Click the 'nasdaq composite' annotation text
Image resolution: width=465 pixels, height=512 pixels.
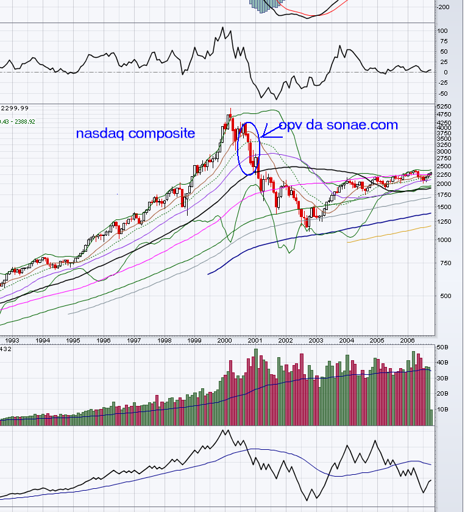pos(135,133)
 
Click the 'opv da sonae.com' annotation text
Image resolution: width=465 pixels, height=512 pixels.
pos(338,126)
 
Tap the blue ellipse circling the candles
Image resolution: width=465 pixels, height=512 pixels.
pos(249,149)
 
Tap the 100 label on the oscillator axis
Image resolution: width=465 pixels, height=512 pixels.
pos(443,30)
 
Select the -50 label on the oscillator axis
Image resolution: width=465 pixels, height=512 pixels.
pos(443,93)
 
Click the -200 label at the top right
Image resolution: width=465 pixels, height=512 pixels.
pos(443,7)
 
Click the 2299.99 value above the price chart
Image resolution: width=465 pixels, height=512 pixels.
pos(15,108)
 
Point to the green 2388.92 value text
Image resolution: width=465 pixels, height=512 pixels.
pos(25,121)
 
